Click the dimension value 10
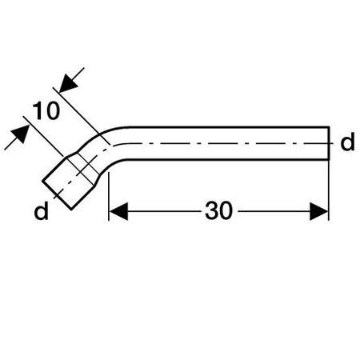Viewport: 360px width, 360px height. [46, 110]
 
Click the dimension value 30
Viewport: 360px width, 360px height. [218, 210]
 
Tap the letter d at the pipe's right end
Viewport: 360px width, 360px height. [347, 142]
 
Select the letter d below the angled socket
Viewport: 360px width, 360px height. [42, 210]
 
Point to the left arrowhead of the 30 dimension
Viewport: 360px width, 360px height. [118, 211]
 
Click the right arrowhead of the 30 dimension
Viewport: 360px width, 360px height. [319, 211]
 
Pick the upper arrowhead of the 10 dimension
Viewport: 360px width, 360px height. [68, 83]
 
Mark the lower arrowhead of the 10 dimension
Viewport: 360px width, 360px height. [21, 134]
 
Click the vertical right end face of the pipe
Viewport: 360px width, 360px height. [329, 143]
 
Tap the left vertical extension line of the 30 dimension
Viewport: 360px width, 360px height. [109, 196]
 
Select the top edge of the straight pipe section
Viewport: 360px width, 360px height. [229, 127]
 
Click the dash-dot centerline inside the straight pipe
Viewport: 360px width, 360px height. [224, 143]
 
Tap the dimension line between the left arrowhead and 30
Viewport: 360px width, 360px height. [165, 211]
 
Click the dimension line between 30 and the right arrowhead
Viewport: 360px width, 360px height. [274, 211]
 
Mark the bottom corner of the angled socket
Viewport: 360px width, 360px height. [71, 210]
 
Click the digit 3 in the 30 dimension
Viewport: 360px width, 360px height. [211, 210]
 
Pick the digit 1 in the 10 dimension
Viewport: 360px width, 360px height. [38, 110]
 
